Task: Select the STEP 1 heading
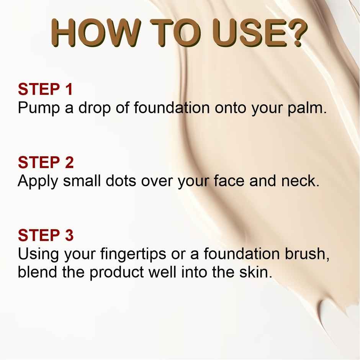pos(45,89)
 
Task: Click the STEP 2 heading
pos(46,162)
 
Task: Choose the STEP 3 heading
pos(46,235)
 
